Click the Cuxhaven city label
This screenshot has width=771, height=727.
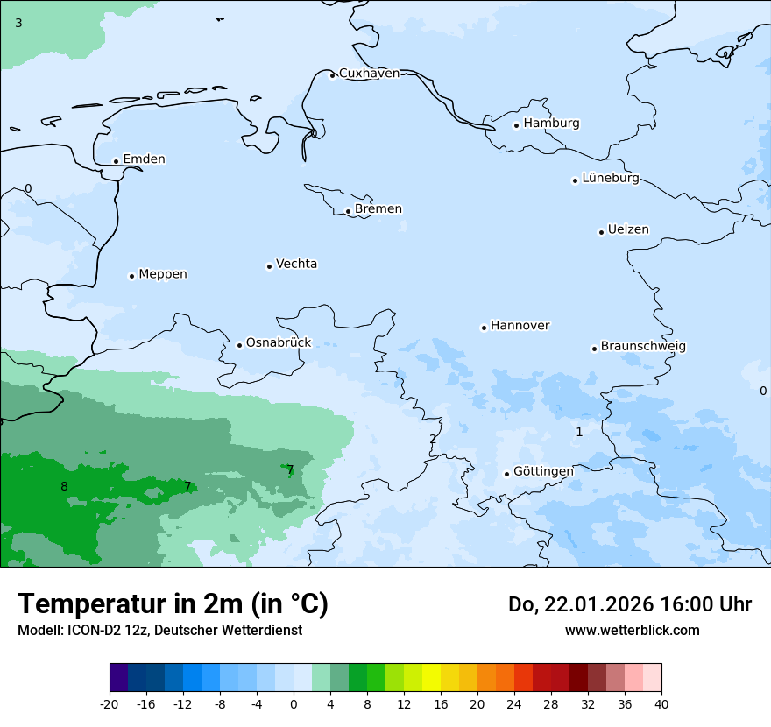tap(369, 74)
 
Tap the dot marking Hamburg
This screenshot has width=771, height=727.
tap(516, 125)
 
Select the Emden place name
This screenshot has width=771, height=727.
tap(144, 159)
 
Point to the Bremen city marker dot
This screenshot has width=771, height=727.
tap(348, 211)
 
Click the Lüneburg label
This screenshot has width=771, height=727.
tap(611, 179)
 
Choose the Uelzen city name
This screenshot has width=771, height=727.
tap(628, 230)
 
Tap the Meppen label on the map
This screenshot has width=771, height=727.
tap(163, 274)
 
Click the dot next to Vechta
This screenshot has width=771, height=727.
tap(269, 266)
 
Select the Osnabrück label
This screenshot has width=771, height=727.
tap(279, 343)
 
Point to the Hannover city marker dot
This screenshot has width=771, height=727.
tap(484, 328)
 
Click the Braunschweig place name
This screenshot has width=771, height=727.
tap(643, 347)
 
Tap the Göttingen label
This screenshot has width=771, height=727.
tap(543, 472)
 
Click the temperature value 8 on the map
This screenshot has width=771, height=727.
tap(64, 487)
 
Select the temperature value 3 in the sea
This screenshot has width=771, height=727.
tap(18, 23)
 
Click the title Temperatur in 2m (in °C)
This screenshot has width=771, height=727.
tap(173, 604)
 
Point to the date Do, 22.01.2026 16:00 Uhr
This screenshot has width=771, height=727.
tap(629, 604)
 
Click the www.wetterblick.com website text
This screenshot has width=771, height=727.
tap(632, 631)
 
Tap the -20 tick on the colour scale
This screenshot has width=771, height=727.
tap(110, 703)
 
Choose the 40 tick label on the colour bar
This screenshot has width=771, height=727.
tap(661, 703)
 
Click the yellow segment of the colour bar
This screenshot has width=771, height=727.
tap(431, 678)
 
